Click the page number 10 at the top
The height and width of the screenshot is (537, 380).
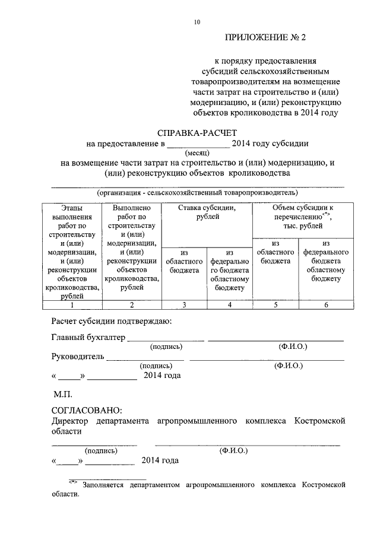click(197, 22)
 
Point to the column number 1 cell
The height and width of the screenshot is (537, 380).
click(72, 305)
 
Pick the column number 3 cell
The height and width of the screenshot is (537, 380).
click(184, 305)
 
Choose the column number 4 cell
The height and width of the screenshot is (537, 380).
click(230, 305)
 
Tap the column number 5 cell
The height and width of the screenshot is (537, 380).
click(275, 305)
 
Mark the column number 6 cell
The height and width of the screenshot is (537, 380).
click(326, 305)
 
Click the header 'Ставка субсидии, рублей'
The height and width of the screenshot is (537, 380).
click(207, 212)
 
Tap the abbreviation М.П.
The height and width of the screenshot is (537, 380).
click(62, 394)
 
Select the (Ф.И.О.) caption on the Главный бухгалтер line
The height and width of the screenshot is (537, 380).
click(293, 347)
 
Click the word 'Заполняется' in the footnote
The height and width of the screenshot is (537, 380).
click(103, 485)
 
